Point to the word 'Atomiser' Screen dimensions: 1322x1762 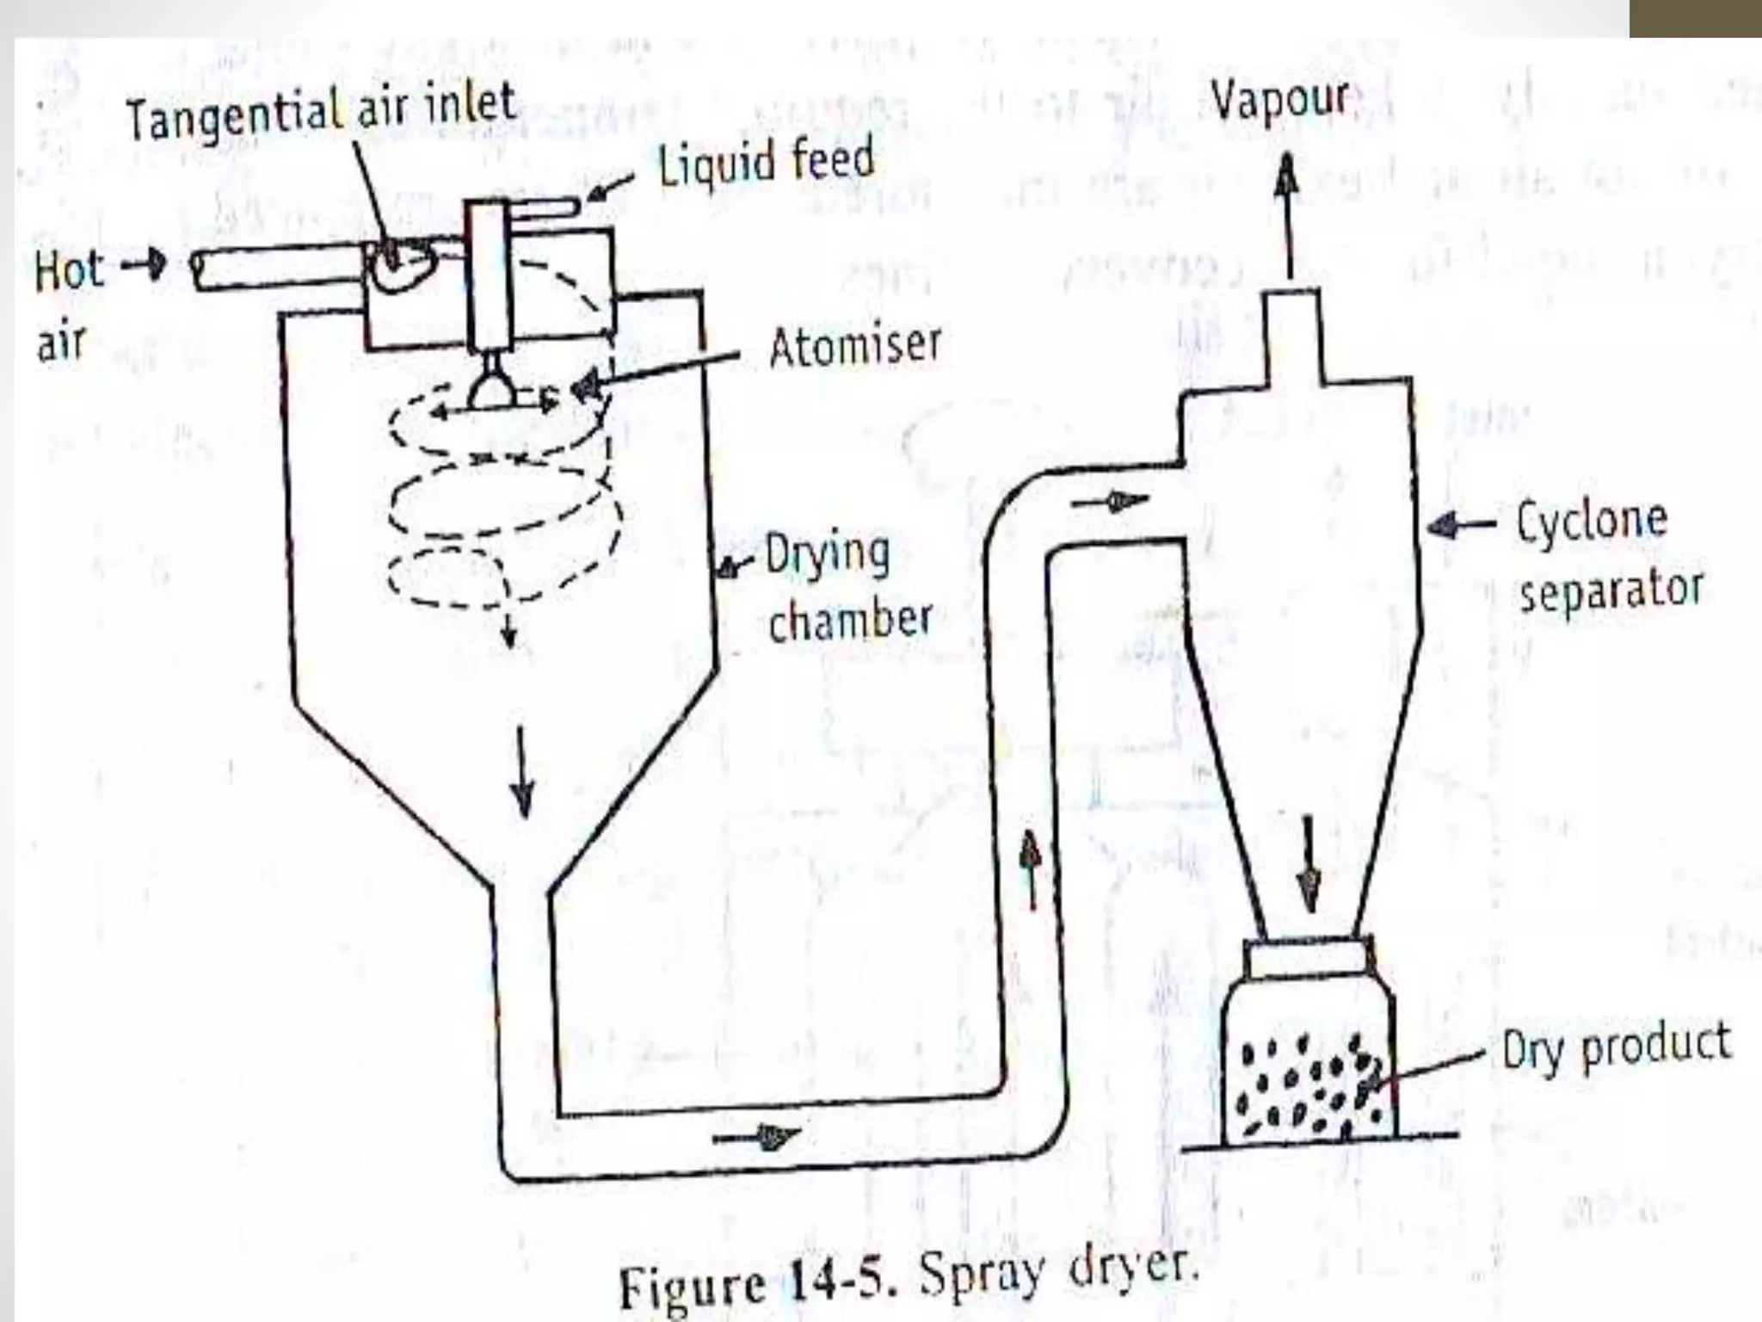[x=854, y=346]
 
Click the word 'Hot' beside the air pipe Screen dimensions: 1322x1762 [x=69, y=269]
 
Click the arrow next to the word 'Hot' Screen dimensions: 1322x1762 [x=145, y=263]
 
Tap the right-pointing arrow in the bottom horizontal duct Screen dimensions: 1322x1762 [x=757, y=1137]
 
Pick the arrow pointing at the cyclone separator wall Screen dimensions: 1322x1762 [x=1460, y=523]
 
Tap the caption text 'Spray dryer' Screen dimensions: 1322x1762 [x=1057, y=1272]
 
